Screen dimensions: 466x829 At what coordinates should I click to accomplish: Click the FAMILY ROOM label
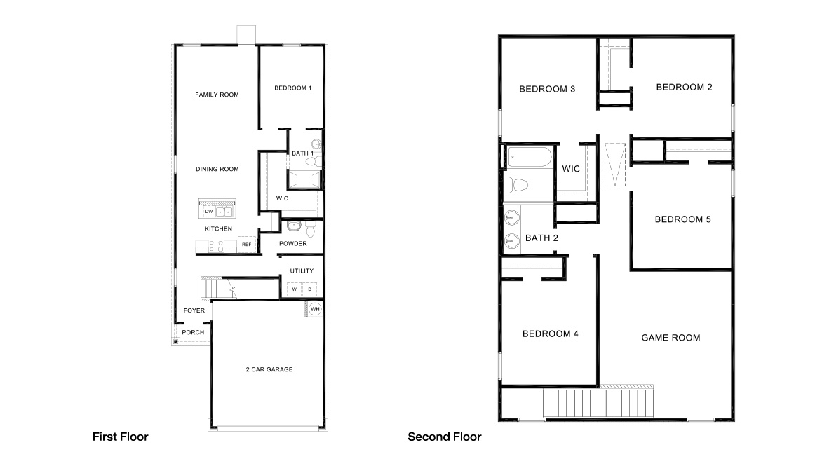coord(217,95)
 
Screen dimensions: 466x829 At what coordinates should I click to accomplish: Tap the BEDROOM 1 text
coord(292,88)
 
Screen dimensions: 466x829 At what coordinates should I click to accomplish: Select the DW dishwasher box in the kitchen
coord(208,212)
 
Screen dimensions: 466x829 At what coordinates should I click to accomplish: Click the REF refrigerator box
coord(246,245)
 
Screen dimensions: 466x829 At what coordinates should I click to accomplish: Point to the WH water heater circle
coord(315,309)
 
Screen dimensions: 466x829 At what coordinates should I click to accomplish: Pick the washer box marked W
coord(295,289)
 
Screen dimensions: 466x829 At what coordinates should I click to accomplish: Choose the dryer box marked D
coord(309,289)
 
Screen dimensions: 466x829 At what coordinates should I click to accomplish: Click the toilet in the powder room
coord(294,227)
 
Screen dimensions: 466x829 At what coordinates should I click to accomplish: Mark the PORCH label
coord(193,332)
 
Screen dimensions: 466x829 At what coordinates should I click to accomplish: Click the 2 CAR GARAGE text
coord(269,369)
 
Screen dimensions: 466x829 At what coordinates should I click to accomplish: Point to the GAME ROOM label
coord(670,338)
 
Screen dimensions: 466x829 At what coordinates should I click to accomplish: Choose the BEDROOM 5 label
coord(682,219)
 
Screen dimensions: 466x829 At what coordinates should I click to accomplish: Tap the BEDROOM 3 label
coord(547,89)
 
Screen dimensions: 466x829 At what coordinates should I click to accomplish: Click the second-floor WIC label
coord(571,169)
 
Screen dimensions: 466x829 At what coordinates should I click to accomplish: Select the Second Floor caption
coord(445,437)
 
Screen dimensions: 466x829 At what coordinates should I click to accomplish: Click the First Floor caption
coord(121,437)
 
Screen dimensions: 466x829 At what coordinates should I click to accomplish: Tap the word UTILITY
coord(302,271)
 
